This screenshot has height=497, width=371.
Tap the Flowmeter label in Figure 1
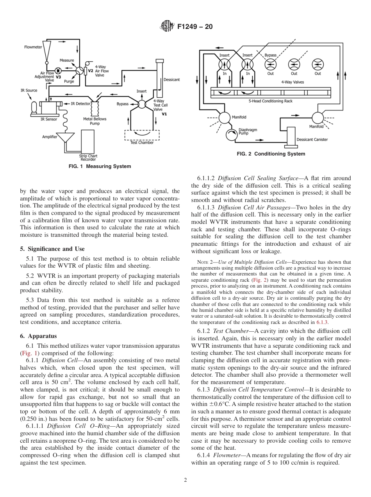click(x=33, y=47)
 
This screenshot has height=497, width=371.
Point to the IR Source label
click(x=29, y=90)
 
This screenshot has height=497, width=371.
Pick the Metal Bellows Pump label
click(x=95, y=121)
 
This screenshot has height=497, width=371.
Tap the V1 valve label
click(x=164, y=114)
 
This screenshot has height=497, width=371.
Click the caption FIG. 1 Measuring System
click(x=100, y=166)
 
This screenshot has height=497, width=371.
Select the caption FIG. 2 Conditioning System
click(x=271, y=154)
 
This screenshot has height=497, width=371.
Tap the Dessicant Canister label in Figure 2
click(x=312, y=139)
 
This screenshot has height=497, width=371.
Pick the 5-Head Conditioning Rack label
click(x=270, y=101)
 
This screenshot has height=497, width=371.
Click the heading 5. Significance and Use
click(x=52, y=249)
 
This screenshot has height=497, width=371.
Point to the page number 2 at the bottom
click(x=185, y=480)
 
